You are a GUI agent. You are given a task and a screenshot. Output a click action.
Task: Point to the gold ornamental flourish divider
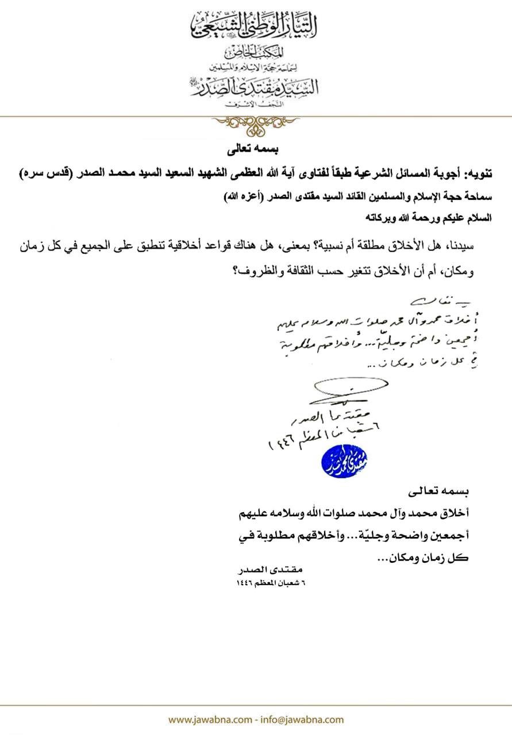tap(256, 121)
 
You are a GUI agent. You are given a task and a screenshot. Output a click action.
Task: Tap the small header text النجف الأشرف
tap(255, 103)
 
